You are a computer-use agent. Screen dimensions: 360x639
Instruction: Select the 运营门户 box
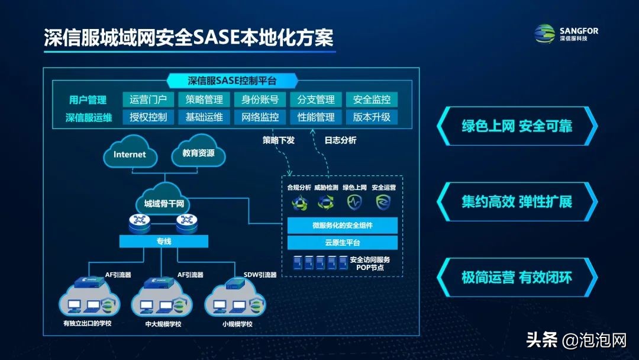click(x=149, y=99)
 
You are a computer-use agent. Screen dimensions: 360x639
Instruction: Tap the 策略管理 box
click(x=204, y=99)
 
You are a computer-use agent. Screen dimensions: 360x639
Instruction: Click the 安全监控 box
click(x=372, y=99)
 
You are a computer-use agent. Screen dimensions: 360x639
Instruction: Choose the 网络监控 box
click(x=260, y=117)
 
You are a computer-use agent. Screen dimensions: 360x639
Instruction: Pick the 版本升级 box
click(x=372, y=117)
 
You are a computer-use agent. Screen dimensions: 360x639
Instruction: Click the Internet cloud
click(x=130, y=154)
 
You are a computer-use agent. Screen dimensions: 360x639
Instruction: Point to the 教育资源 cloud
click(x=199, y=154)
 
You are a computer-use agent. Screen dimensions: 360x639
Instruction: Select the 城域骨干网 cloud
click(x=164, y=204)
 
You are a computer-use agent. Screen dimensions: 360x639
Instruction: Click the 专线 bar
click(x=164, y=241)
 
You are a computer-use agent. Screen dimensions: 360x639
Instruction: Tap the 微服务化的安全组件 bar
click(x=343, y=226)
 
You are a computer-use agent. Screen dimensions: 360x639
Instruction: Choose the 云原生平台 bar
click(x=343, y=243)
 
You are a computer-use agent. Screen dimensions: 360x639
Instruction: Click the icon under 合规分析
click(x=298, y=202)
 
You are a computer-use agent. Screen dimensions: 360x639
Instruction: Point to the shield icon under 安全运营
click(x=383, y=202)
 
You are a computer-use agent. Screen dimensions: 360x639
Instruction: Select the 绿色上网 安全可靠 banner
click(x=517, y=126)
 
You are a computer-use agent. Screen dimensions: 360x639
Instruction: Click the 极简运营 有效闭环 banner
click(x=517, y=277)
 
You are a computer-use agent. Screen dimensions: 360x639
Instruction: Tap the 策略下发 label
click(x=278, y=140)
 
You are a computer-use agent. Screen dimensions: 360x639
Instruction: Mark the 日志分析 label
click(x=340, y=140)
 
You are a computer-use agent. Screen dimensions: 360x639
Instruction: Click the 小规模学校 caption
click(x=237, y=324)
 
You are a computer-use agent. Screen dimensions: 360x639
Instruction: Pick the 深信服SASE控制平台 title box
click(x=232, y=81)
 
